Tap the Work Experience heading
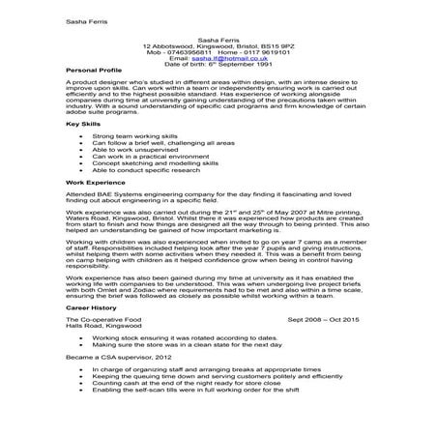tap(91, 181)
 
